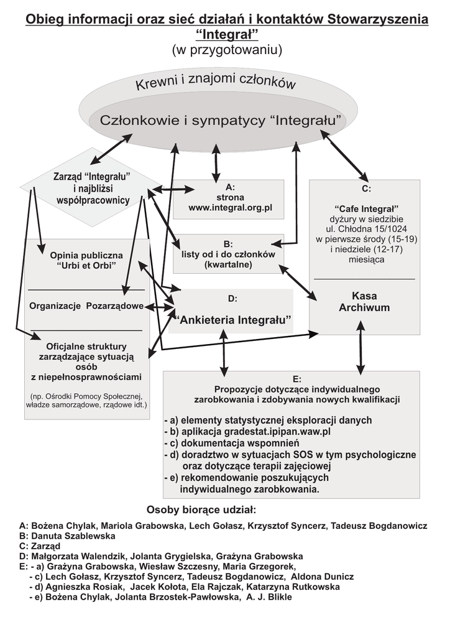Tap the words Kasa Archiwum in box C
(364, 302)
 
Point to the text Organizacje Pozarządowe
(86, 306)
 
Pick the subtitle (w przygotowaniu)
(226, 50)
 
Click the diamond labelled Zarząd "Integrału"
(93, 186)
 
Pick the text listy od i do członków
(228, 254)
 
